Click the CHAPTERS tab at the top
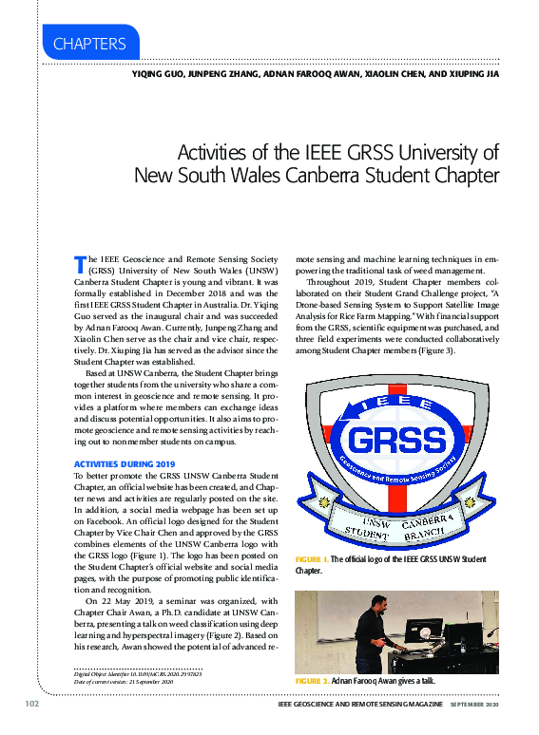coord(90,44)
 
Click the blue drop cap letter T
coord(80,261)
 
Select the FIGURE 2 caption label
coord(312,682)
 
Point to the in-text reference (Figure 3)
coord(433,351)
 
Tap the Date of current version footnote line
coord(124,682)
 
